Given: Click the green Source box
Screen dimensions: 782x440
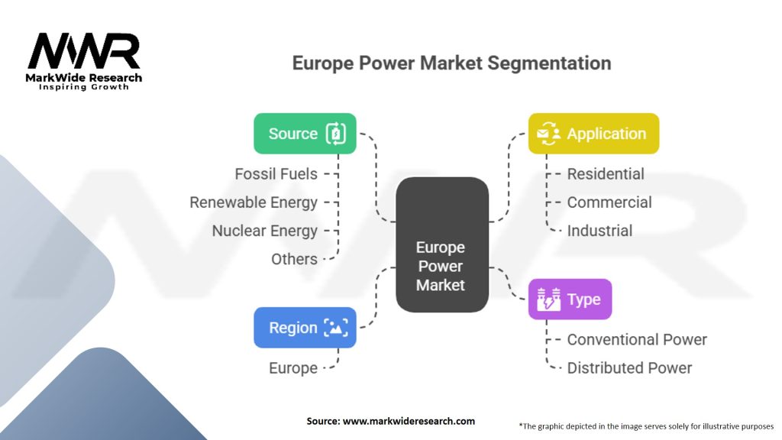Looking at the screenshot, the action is click(x=305, y=133).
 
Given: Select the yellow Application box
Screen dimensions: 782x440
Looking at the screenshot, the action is click(x=593, y=133).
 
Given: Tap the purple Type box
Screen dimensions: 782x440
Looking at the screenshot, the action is click(x=570, y=299).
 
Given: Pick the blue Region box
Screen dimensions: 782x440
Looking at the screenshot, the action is click(x=305, y=327).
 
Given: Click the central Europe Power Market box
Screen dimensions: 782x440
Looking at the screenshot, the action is click(x=442, y=244).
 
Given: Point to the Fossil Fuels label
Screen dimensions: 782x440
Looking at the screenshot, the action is click(x=276, y=173).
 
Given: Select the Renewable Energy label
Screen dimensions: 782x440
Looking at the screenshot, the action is click(x=254, y=202).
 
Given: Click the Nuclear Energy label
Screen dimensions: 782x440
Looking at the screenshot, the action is click(x=264, y=231).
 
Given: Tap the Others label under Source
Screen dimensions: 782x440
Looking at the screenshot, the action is click(x=294, y=259).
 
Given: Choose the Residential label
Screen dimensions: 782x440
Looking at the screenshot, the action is click(x=606, y=173).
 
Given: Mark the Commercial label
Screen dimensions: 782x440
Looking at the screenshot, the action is click(x=609, y=202).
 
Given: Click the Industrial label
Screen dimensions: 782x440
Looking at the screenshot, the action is click(x=599, y=231).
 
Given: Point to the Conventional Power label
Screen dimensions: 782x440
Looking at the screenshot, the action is click(x=637, y=339).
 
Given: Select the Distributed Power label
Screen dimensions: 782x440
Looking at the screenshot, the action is click(x=629, y=367).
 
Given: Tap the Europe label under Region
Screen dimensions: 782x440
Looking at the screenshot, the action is click(x=293, y=368).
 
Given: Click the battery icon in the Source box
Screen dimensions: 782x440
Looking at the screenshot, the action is click(x=336, y=133).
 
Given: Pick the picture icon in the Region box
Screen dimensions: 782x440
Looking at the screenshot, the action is click(x=336, y=327).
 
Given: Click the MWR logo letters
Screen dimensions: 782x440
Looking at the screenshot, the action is click(x=84, y=51).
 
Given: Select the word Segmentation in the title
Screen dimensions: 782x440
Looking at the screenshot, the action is click(x=549, y=63).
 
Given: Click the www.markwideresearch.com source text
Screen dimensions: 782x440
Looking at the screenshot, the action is click(x=409, y=421).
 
